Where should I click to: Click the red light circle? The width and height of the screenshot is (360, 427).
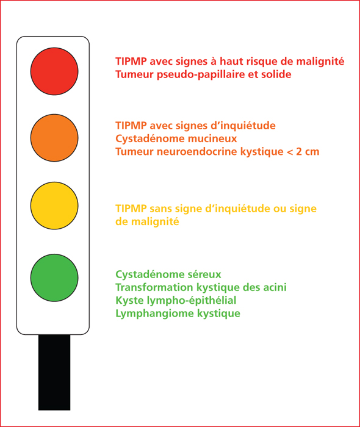click(x=54, y=71)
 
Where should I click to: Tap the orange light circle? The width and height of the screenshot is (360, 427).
click(x=54, y=138)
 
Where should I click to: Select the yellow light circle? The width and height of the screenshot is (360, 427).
click(x=54, y=206)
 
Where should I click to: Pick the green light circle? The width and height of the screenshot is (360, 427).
click(x=54, y=278)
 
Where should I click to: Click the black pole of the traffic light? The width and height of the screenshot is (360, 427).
click(x=54, y=372)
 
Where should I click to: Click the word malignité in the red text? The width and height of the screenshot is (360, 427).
click(x=320, y=62)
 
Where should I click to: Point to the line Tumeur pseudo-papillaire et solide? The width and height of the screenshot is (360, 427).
click(x=203, y=74)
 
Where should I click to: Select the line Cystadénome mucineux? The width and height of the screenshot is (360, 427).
click(x=176, y=138)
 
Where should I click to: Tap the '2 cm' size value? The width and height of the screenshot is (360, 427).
click(x=308, y=152)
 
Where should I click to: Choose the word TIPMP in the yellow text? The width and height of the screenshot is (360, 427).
click(x=131, y=209)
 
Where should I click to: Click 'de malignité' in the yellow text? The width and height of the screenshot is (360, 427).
click(x=147, y=221)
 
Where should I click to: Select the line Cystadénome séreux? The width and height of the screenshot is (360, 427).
click(x=168, y=274)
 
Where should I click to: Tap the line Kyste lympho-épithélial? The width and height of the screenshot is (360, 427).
click(x=176, y=301)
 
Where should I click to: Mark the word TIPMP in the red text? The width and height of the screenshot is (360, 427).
click(x=131, y=62)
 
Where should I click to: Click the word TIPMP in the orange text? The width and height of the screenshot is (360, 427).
click(x=131, y=126)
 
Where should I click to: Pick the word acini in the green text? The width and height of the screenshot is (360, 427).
click(x=275, y=287)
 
